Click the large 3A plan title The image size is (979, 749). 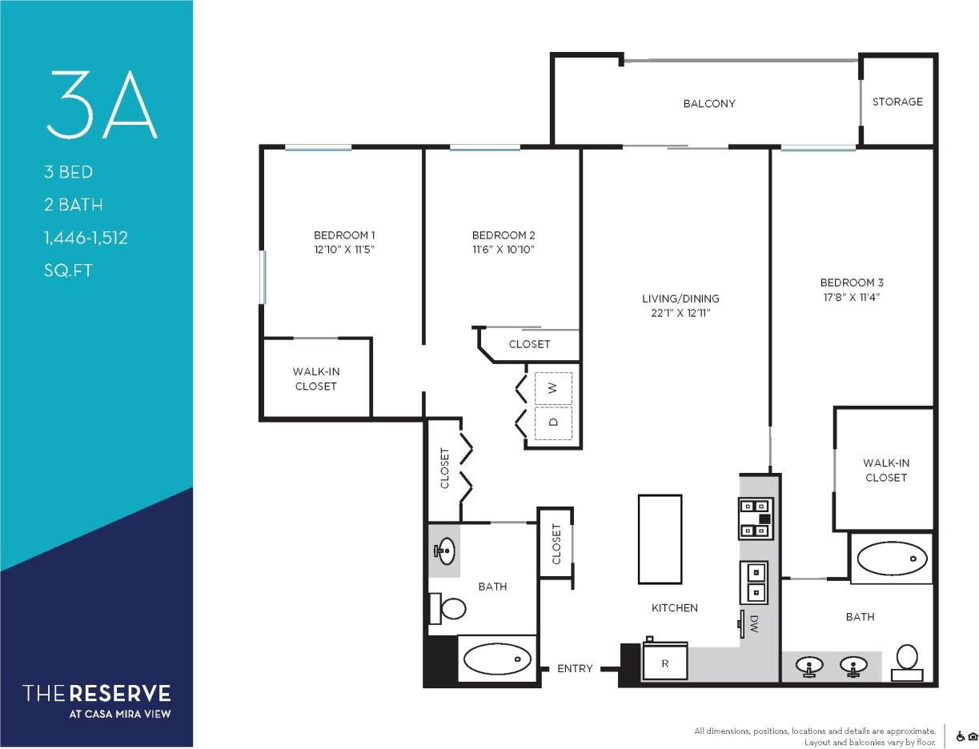(101, 104)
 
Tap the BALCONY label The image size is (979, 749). (708, 103)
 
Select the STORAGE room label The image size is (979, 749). (897, 102)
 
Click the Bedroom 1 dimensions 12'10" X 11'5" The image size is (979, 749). (344, 250)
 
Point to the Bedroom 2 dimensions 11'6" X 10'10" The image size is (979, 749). (503, 250)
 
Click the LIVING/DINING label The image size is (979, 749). (680, 298)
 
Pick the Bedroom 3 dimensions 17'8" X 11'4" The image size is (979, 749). (852, 297)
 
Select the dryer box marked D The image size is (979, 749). (552, 423)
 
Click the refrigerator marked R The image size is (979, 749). (664, 663)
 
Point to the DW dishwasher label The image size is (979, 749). (754, 624)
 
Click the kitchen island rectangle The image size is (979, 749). (660, 539)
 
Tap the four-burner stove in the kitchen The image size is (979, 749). (756, 517)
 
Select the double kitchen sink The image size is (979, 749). (754, 582)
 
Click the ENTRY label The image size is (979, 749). (575, 668)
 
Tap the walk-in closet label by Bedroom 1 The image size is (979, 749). (315, 379)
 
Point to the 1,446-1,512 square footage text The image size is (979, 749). (86, 238)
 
